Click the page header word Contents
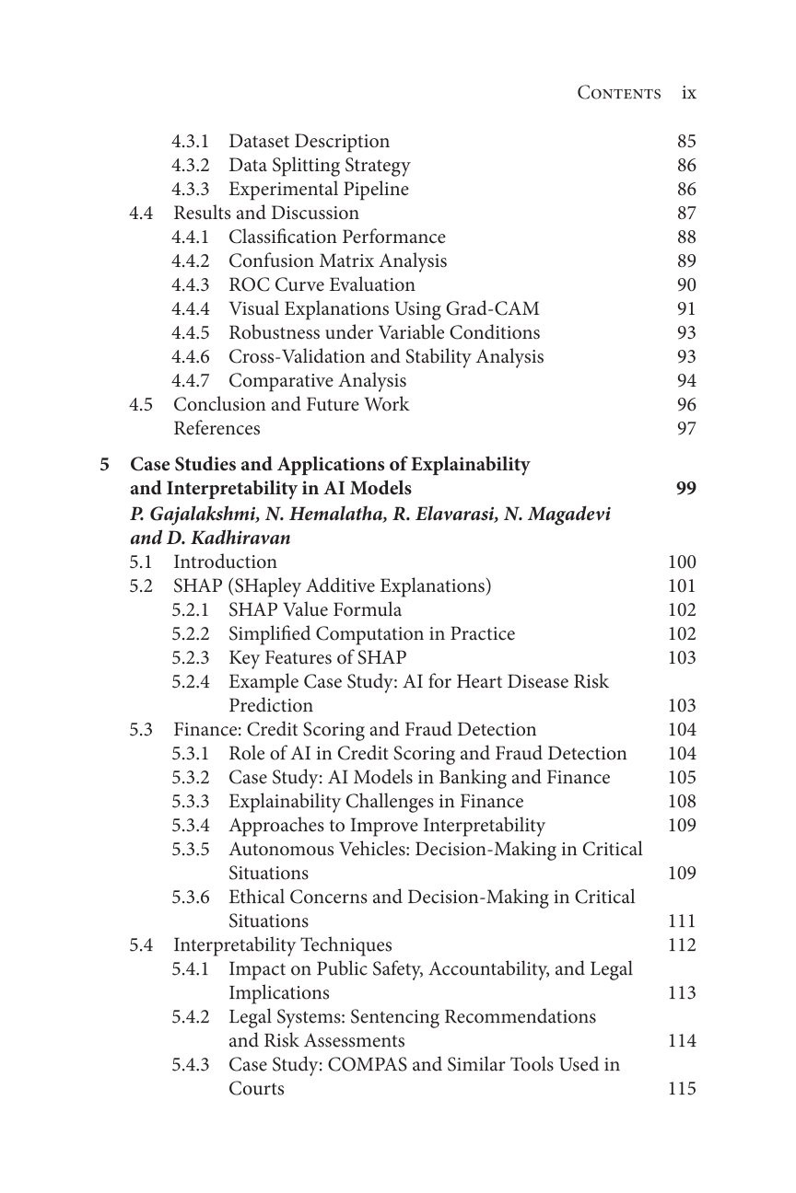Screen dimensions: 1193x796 [618, 93]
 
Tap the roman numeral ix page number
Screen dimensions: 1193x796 [688, 93]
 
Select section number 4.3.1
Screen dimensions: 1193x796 [190, 141]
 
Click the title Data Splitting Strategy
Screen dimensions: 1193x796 [319, 165]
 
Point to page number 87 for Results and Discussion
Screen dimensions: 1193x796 [685, 213]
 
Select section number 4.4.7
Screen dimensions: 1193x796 [190, 380]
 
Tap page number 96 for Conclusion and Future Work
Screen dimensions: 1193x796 [685, 404]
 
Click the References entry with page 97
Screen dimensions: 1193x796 [217, 428]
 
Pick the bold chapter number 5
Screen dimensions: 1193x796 [104, 464]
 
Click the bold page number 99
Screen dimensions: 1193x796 [685, 488]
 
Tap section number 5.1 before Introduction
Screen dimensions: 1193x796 [141, 562]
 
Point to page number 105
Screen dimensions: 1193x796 [682, 777]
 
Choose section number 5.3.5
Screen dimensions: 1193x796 [190, 849]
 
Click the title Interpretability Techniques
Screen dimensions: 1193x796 [282, 944]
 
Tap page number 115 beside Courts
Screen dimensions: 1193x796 [682, 1088]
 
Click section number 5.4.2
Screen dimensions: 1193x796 [190, 1016]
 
